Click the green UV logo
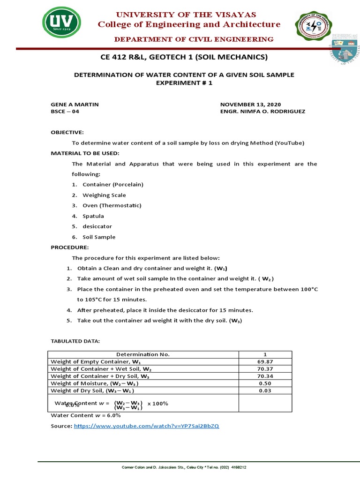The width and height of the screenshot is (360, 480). click(x=61, y=22)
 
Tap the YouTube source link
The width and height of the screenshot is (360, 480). click(x=146, y=426)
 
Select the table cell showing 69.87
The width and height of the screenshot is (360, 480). click(x=265, y=362)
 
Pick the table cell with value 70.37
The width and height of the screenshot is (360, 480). click(x=265, y=369)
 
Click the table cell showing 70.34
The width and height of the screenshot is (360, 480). click(x=265, y=376)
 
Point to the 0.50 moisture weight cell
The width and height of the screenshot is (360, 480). click(x=265, y=383)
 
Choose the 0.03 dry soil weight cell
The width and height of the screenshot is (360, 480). click(x=265, y=390)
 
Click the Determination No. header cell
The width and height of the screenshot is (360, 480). click(x=143, y=354)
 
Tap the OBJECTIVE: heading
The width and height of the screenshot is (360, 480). click(x=67, y=133)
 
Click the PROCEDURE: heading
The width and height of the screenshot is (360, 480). click(x=69, y=247)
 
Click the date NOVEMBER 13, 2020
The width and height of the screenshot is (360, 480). click(x=250, y=104)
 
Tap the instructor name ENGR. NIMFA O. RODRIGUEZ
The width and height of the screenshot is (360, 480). click(x=262, y=112)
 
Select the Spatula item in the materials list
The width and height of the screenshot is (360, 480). click(x=93, y=216)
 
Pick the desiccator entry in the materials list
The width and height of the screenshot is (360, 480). click(x=97, y=226)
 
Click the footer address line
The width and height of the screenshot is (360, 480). click(x=184, y=467)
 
